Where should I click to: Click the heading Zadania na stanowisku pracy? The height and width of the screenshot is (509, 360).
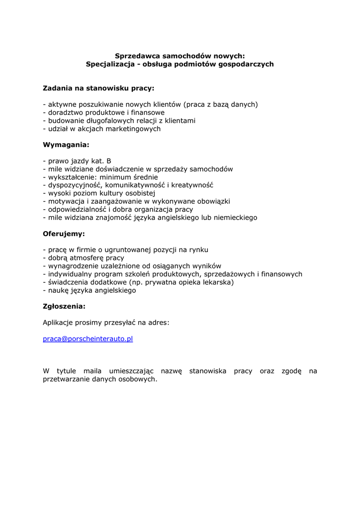click(x=98, y=88)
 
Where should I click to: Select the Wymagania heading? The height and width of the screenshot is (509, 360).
click(x=66, y=145)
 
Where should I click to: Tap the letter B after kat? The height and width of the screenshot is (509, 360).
click(x=109, y=161)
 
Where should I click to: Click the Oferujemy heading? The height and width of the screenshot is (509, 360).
click(x=64, y=234)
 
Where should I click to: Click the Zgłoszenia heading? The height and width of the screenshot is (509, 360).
click(x=64, y=307)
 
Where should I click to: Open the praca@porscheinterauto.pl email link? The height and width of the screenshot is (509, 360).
click(x=88, y=339)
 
